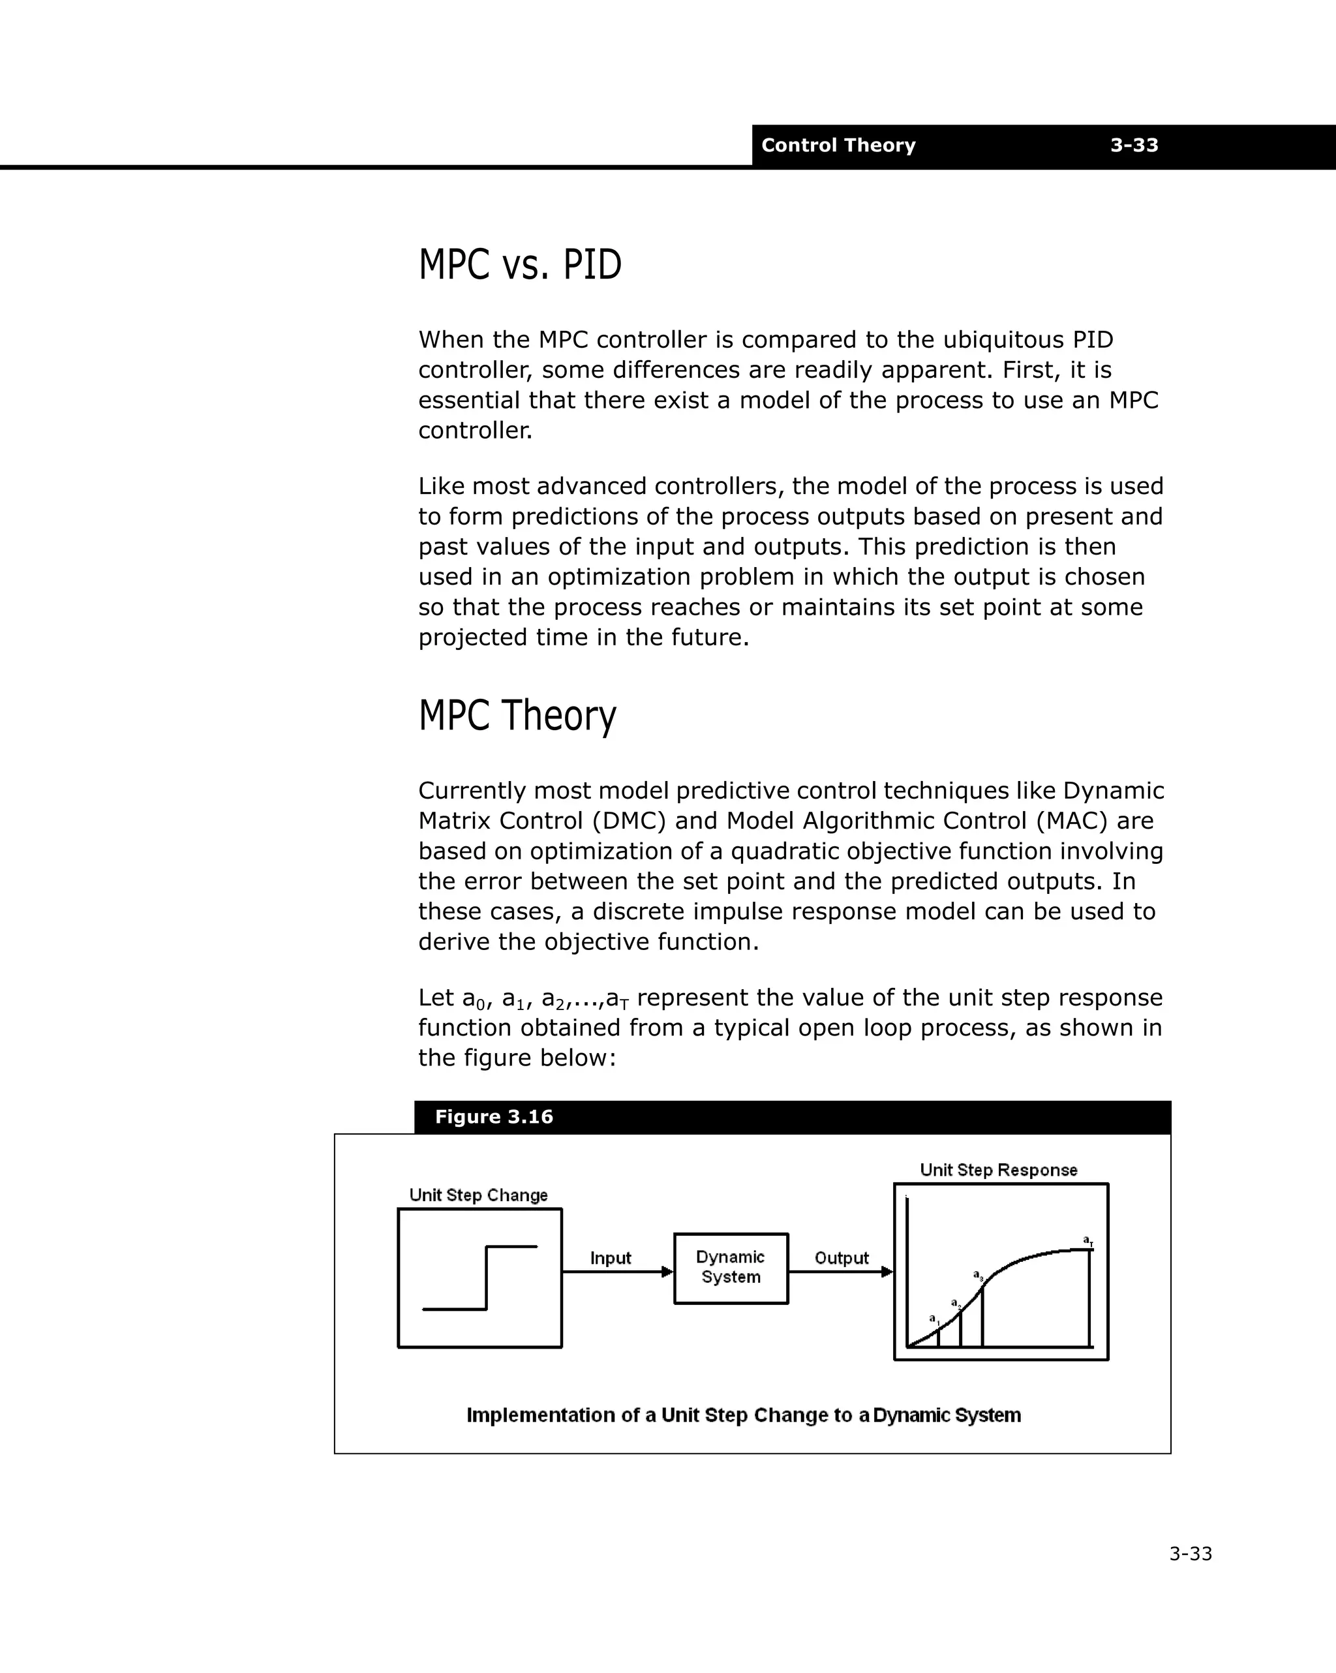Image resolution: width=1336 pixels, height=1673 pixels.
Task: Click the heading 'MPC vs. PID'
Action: pos(520,265)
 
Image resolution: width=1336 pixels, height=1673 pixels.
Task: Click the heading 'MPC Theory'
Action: pos(517,714)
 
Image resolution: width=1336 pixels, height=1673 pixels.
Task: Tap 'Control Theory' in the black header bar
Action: pos(838,145)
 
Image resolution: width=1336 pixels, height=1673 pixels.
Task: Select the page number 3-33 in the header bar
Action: pos(1134,145)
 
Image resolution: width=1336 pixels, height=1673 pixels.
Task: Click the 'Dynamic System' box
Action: pos(730,1267)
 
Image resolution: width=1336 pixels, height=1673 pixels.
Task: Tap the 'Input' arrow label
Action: pos(611,1258)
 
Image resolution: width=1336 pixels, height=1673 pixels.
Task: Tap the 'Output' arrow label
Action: pos(841,1258)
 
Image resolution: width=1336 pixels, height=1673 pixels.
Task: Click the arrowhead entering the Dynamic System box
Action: pos(667,1272)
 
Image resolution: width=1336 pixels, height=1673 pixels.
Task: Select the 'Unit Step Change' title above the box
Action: pos(478,1195)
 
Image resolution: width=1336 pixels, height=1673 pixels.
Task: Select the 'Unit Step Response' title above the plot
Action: pos(999,1170)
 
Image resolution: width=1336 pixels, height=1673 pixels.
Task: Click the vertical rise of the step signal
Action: pos(487,1278)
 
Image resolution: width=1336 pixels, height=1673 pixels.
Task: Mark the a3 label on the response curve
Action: pos(979,1275)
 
